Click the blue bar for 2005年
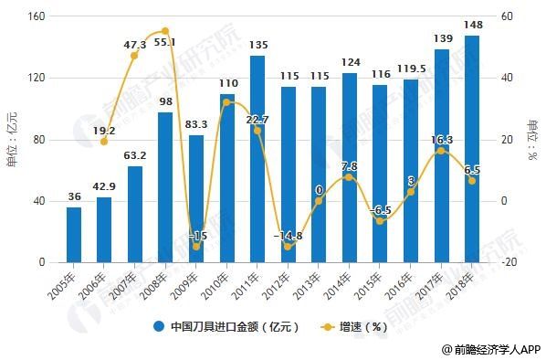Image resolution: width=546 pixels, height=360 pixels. tap(73, 235)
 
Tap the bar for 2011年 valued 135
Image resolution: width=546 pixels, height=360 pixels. tap(257, 159)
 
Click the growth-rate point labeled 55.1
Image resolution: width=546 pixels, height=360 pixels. tap(165, 31)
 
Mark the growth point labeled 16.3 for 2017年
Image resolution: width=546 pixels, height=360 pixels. tap(441, 151)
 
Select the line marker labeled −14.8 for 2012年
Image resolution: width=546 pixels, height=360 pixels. tap(288, 246)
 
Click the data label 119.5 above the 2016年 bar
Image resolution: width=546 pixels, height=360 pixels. tap(412, 68)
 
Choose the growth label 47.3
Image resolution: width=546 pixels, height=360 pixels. tap(134, 43)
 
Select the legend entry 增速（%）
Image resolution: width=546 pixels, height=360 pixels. tap(352, 326)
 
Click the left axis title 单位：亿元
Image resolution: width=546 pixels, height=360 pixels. tap(11, 138)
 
